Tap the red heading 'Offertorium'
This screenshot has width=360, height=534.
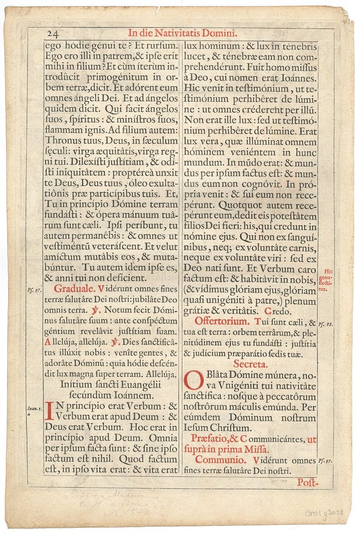pyautogui.click(x=221, y=321)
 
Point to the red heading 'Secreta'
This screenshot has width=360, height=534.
pyautogui.click(x=251, y=364)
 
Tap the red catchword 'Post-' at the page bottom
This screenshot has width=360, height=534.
pyautogui.click(x=307, y=482)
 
